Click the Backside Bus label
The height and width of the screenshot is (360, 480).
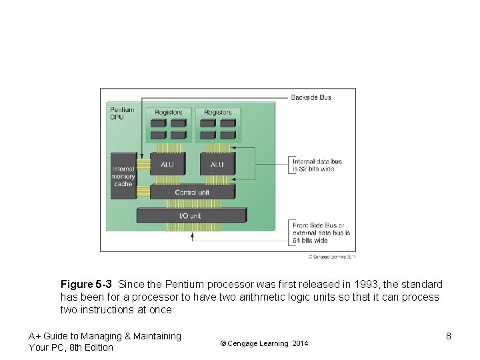[x=311, y=97]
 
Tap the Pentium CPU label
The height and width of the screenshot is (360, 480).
[x=122, y=113]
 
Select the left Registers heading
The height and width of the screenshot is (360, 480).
[x=169, y=112]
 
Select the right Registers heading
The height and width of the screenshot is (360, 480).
[x=218, y=112]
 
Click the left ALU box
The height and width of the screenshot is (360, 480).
[x=167, y=164]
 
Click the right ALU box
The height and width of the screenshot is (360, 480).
[x=217, y=164]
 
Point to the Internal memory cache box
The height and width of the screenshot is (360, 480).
[x=123, y=176]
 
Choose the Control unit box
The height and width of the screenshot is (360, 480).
[x=192, y=193]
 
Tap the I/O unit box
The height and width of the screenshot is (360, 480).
[x=191, y=216]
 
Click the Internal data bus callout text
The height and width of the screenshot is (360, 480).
[x=317, y=165]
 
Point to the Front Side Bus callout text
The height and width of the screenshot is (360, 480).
[x=321, y=233]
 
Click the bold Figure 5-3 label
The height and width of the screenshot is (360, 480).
[x=86, y=285]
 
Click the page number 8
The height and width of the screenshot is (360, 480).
[x=449, y=336]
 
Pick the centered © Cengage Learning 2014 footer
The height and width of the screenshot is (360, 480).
[x=264, y=343]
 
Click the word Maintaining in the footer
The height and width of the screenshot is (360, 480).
[x=155, y=336]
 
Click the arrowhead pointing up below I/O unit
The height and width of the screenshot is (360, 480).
[x=192, y=235]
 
